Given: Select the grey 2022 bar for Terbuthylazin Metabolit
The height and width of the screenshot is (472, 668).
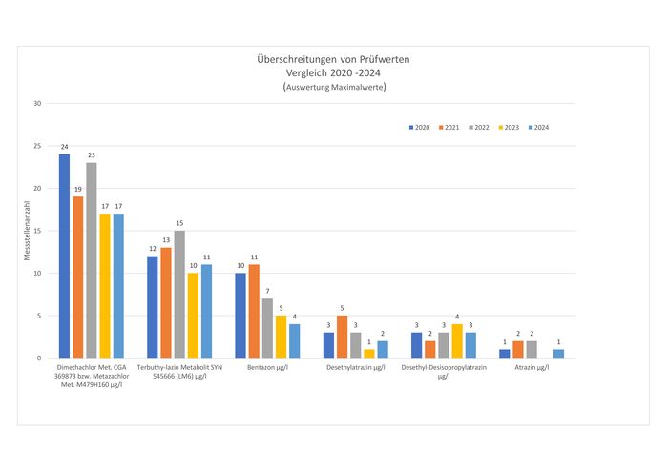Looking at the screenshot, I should pos(179,294).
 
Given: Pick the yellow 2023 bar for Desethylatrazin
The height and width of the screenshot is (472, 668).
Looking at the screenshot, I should pos(369,353).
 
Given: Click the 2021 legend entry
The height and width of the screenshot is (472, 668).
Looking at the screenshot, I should pos(450,128).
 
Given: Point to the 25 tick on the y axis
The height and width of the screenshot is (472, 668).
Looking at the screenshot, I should pos(36,146).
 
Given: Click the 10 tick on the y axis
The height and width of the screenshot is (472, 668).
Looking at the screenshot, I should pos(36,273).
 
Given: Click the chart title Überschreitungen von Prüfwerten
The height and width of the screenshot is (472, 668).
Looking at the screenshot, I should pos(333,59).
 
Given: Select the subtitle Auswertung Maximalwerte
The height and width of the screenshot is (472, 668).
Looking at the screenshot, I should pos(334,87).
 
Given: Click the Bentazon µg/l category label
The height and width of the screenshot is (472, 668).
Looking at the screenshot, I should pos(267,366).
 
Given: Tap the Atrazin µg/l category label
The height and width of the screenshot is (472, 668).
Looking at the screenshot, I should pos(532,366).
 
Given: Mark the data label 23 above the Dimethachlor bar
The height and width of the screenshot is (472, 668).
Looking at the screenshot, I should pos(92,155).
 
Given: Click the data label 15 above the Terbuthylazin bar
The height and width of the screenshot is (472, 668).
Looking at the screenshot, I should pos(179,223).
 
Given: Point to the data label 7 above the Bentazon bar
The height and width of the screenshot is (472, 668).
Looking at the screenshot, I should pos(267,291).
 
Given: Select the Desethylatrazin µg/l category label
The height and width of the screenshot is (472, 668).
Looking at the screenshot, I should pos(355,366).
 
